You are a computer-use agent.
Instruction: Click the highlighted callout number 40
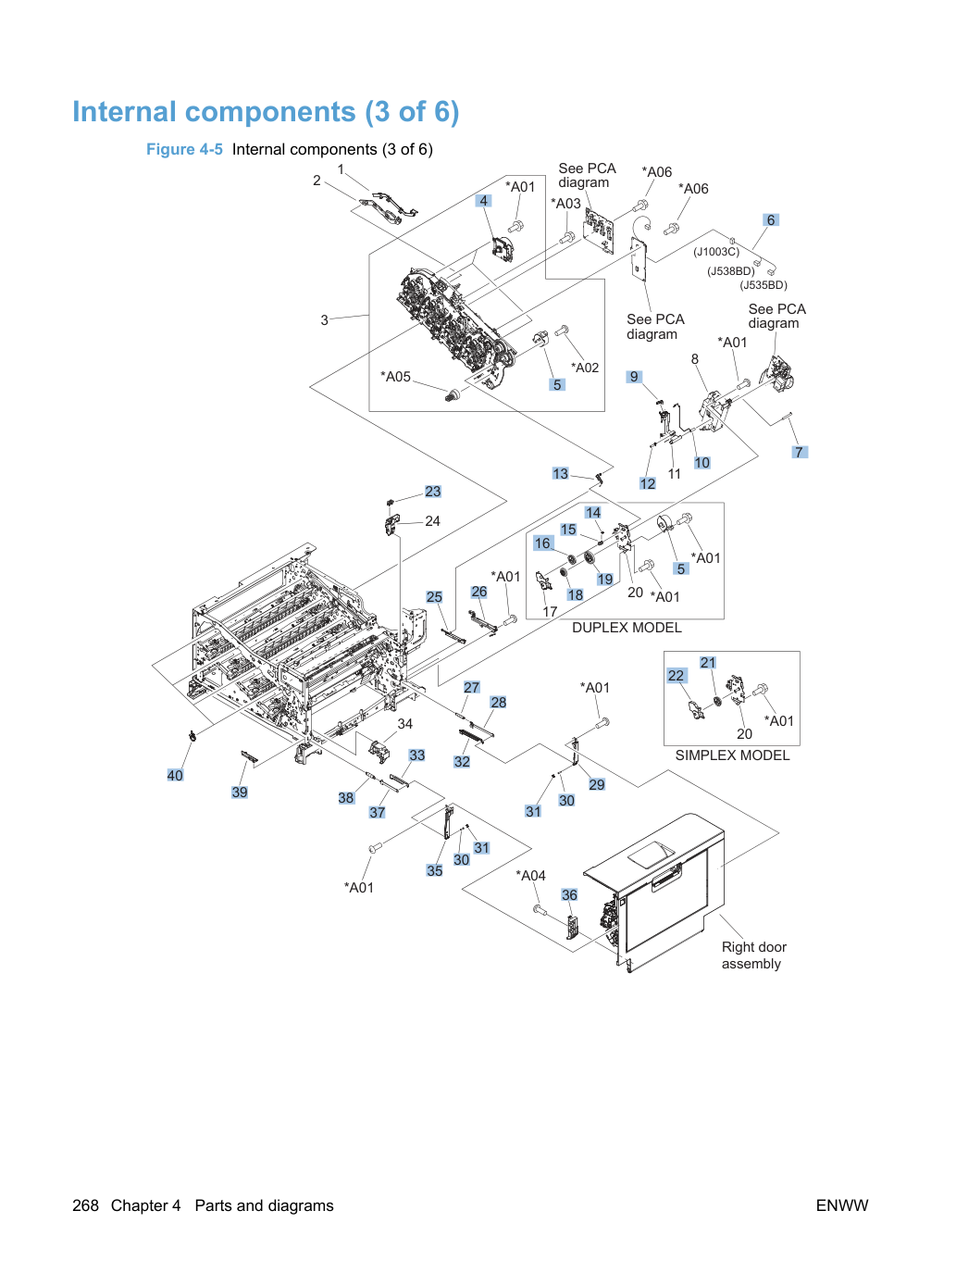point(175,775)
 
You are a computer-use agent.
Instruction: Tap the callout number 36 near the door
point(569,895)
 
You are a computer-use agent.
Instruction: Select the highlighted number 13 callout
point(560,473)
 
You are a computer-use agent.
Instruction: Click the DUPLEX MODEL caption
point(627,628)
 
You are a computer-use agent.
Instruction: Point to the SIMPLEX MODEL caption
point(732,755)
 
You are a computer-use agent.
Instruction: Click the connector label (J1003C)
point(716,252)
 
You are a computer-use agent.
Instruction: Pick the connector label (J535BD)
point(764,285)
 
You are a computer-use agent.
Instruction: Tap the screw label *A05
point(395,377)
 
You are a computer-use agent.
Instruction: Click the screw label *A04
point(530,875)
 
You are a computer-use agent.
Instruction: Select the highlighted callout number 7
point(800,452)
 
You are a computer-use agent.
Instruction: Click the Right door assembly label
point(753,955)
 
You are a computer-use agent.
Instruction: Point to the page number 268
point(85,1205)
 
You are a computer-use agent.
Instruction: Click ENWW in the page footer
point(842,1205)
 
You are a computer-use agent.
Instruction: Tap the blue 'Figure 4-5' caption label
point(184,149)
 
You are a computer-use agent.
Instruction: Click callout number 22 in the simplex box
point(676,675)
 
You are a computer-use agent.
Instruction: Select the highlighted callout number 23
point(432,492)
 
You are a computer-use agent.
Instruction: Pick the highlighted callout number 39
point(240,792)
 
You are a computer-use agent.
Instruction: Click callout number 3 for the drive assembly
point(324,320)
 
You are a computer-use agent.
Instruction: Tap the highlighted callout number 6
point(771,219)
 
